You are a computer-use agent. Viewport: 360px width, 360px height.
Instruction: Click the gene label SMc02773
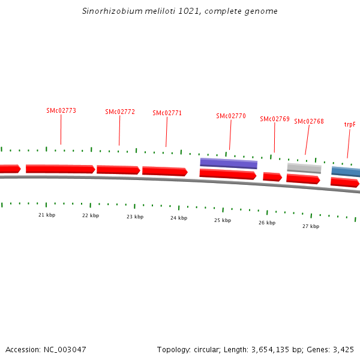click(x=61, y=110)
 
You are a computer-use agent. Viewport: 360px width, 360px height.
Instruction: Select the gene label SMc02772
click(x=120, y=112)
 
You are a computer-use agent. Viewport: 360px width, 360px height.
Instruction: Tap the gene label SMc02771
click(x=167, y=113)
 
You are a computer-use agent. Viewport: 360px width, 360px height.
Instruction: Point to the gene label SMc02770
click(x=231, y=116)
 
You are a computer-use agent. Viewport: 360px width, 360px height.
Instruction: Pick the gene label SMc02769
click(x=275, y=119)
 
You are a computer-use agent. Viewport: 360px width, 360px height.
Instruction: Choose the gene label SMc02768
click(x=309, y=121)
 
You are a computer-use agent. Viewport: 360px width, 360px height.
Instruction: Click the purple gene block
click(x=229, y=163)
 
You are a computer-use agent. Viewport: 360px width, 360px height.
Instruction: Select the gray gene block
click(x=304, y=168)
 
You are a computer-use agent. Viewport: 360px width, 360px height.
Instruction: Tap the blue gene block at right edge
click(x=346, y=172)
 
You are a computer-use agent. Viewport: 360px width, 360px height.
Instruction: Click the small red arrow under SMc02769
click(x=272, y=176)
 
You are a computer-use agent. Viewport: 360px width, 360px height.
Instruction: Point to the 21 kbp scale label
click(x=47, y=215)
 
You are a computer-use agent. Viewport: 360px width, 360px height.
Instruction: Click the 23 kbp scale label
click(x=135, y=217)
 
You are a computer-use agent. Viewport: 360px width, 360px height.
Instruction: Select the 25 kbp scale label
click(x=223, y=220)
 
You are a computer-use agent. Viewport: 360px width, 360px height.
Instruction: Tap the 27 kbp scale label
click(x=311, y=226)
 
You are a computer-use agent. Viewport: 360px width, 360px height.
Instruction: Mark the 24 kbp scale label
click(x=179, y=218)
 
